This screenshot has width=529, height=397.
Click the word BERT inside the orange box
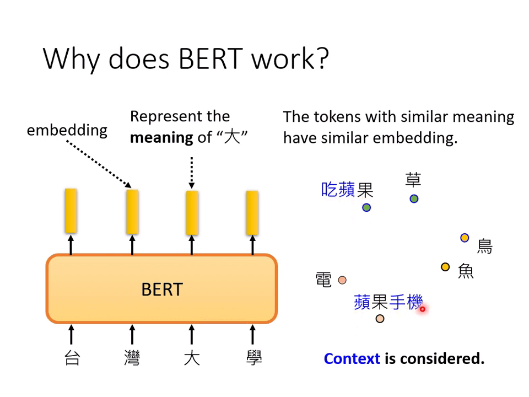[162, 289]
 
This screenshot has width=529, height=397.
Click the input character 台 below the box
[72, 358]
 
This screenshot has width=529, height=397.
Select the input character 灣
[132, 358]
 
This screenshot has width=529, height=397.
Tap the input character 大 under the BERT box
[192, 358]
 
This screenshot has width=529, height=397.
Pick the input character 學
[253, 358]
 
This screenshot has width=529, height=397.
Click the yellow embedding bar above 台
[71, 211]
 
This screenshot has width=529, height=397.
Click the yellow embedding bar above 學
[252, 213]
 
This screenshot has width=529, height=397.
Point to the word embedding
[67, 130]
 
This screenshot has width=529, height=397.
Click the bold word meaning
[161, 138]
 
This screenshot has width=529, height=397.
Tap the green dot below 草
[414, 199]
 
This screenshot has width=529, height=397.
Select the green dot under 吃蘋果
[366, 208]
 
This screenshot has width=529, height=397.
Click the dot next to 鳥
[465, 238]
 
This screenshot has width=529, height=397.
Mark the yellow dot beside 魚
[445, 267]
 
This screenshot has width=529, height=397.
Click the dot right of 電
[342, 280]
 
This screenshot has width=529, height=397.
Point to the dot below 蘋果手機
[380, 319]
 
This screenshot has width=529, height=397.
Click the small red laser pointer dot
[423, 309]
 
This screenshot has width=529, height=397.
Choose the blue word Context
[352, 358]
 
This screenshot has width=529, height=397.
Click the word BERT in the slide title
[210, 59]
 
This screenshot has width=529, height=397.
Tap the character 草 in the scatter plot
[413, 180]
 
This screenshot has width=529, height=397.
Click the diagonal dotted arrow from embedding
[99, 164]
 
